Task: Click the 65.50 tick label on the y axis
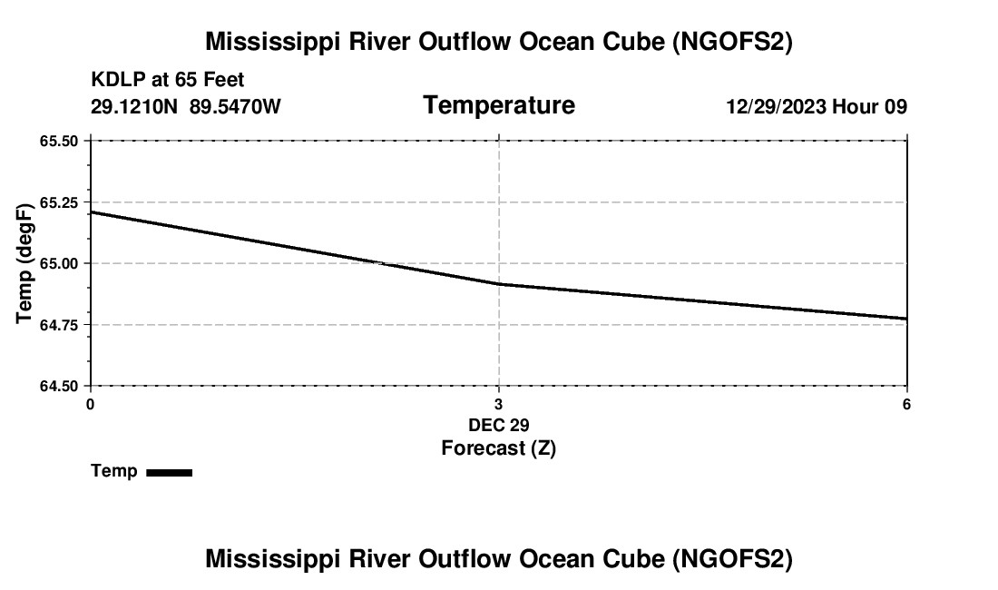(x=59, y=141)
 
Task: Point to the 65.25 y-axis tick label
(x=59, y=202)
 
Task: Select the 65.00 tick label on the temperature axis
(x=59, y=263)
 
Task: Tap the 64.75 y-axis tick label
(x=59, y=324)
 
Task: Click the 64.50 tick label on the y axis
(x=59, y=386)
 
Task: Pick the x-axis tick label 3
(x=498, y=404)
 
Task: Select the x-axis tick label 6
(x=906, y=404)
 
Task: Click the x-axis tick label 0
(x=90, y=404)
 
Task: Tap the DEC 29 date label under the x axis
(x=498, y=425)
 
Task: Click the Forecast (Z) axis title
(x=498, y=448)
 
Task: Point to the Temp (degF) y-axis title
(x=24, y=263)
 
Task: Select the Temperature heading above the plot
(x=499, y=105)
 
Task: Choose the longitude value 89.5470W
(x=235, y=106)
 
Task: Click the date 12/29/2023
(x=776, y=106)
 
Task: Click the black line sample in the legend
(x=169, y=472)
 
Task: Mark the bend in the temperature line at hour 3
(x=499, y=284)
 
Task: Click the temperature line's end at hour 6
(x=906, y=319)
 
